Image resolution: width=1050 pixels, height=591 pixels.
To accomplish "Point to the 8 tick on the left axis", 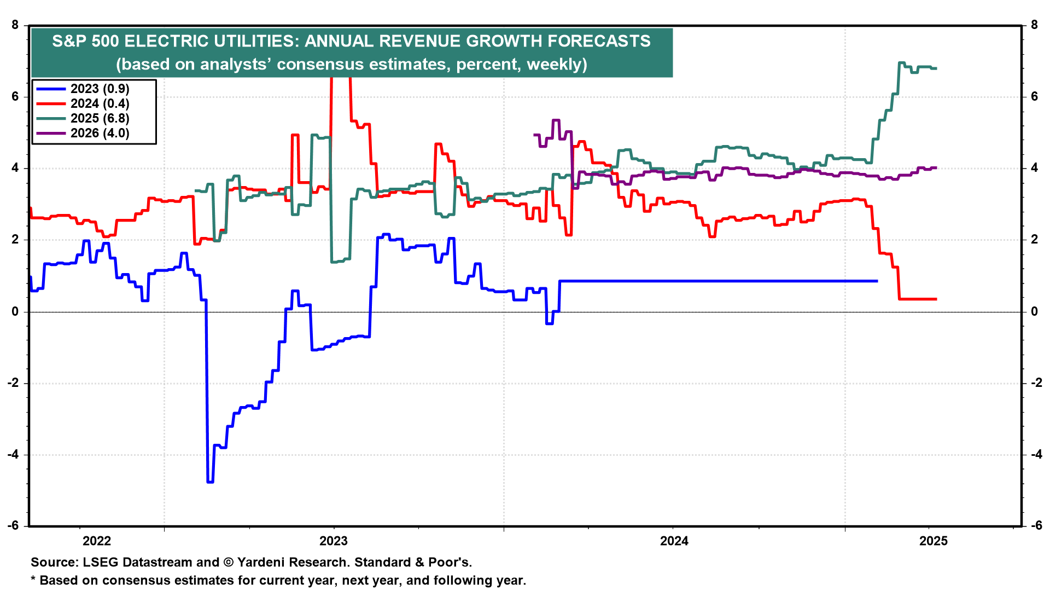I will [x=15, y=25].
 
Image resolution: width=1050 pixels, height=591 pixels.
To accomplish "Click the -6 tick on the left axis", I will [x=13, y=526].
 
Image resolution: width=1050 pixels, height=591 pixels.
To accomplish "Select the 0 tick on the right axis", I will [x=1034, y=311].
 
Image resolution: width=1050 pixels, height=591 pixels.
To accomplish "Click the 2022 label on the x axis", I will [x=97, y=541].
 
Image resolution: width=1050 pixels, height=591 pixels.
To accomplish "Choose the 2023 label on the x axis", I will [x=334, y=541].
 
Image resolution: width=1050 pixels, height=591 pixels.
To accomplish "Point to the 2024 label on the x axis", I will [x=674, y=541].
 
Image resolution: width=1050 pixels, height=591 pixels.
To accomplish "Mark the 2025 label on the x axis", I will [x=934, y=541].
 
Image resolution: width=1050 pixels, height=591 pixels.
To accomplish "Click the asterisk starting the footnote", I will [x=33, y=579].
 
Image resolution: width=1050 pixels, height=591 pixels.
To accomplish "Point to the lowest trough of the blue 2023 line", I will [x=210, y=482].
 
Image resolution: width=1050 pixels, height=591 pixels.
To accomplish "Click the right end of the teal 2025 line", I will [x=936, y=68].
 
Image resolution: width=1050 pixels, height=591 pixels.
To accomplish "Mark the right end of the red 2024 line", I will [x=936, y=299].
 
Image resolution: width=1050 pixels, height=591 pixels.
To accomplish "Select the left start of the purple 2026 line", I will [x=534, y=135].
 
